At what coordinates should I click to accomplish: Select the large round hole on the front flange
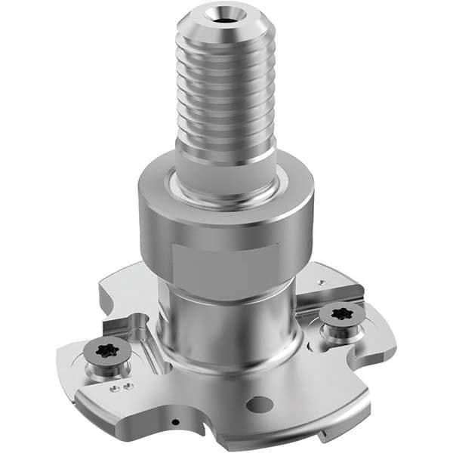(259, 404)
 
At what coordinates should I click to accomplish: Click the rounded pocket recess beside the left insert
(143, 332)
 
